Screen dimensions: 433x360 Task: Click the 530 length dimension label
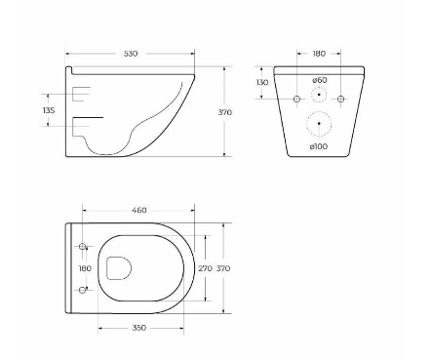131,54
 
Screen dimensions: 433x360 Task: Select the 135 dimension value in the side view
49,110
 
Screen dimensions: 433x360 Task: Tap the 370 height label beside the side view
224,112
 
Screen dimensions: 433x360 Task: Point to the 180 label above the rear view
319,54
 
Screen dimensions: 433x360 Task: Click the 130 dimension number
262,83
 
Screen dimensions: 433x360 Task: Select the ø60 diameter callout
320,80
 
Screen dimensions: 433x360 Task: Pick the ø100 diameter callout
319,146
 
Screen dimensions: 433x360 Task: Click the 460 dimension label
139,211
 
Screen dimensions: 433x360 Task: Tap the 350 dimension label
139,328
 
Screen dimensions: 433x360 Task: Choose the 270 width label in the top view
205,268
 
